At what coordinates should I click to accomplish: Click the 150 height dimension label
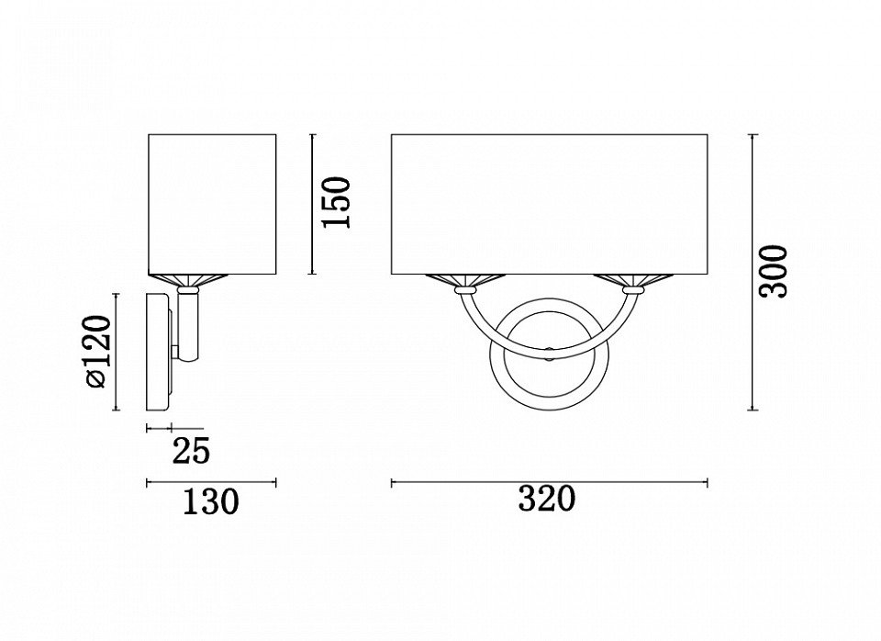[336, 202]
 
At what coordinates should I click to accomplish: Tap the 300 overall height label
[774, 272]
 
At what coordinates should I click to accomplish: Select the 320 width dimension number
[547, 498]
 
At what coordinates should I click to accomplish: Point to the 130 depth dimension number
[211, 501]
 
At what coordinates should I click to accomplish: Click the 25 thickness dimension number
[191, 451]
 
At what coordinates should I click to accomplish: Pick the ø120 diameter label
[97, 352]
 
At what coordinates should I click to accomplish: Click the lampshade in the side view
[212, 204]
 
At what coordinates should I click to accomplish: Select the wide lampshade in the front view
[549, 204]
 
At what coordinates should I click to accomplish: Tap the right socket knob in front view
[634, 290]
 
